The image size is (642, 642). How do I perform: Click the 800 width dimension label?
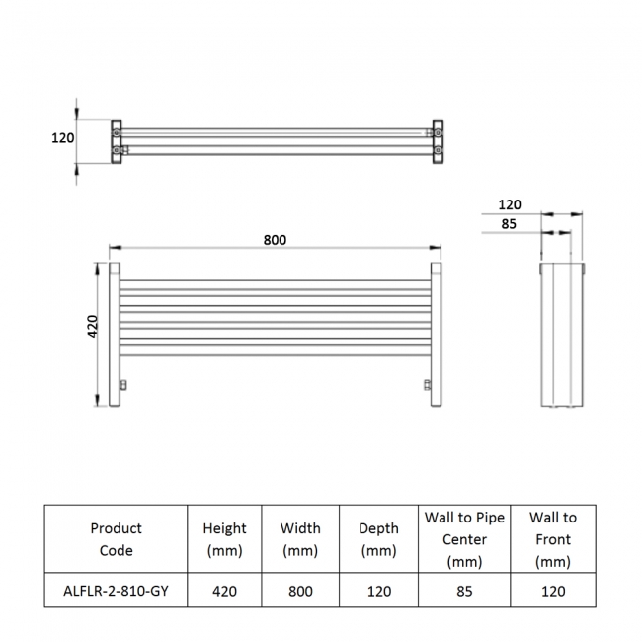[x=275, y=240]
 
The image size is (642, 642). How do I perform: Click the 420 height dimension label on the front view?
[x=92, y=327]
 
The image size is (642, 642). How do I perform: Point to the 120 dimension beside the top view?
[x=63, y=138]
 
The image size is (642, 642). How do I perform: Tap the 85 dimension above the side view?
[x=510, y=223]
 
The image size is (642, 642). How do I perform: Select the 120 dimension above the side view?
[x=510, y=204]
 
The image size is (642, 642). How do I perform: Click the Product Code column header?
[x=116, y=539]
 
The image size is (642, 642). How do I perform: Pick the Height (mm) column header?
[x=224, y=539]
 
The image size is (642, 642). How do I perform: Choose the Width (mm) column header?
[x=300, y=539]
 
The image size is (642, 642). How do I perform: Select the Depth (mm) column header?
[x=378, y=539]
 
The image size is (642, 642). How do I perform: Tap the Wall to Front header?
[x=552, y=539]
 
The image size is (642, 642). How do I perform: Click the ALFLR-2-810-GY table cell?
[x=116, y=591]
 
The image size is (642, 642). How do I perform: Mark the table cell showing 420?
[x=224, y=591]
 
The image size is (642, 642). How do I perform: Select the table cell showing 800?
[x=300, y=591]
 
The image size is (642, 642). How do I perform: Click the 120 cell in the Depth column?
[x=378, y=591]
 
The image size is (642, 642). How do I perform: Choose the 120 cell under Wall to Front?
[x=552, y=591]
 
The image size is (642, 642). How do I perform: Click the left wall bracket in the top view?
[x=119, y=140]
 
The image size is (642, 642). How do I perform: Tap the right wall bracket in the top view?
[x=436, y=140]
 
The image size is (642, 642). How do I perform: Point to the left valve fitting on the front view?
[x=123, y=384]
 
